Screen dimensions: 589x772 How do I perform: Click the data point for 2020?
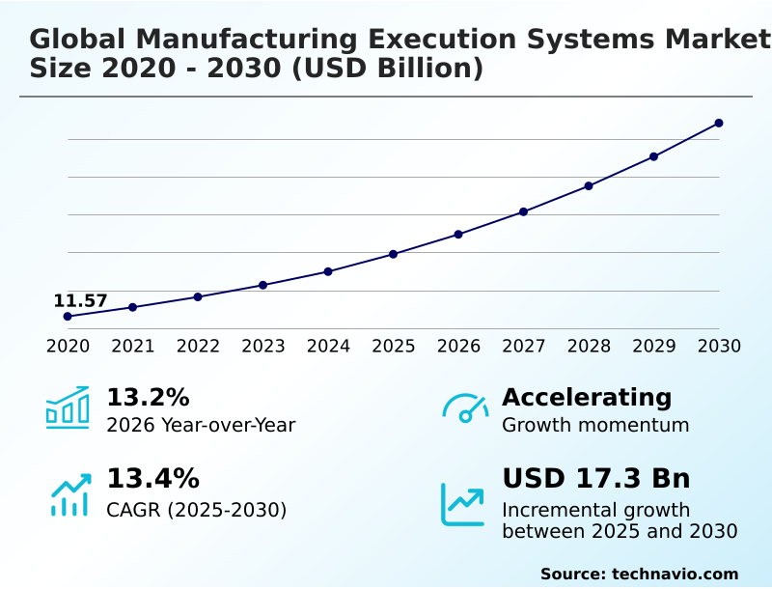pos(68,316)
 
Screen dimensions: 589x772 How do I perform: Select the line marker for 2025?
pos(393,254)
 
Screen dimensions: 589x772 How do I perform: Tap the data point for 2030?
pos(719,123)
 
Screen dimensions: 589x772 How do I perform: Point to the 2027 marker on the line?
pos(523,211)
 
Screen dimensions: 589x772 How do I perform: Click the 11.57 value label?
pos(80,300)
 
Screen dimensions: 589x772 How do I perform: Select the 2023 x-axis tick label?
pos(262,346)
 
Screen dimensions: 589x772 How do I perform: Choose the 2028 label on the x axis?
pos(589,346)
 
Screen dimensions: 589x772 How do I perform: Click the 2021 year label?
pos(132,346)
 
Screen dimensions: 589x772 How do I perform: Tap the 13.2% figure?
pos(148,397)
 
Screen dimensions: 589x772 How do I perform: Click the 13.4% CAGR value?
pos(152,479)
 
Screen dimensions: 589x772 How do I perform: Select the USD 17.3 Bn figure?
pos(596,479)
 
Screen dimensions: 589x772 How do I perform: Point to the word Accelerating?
pos(587,397)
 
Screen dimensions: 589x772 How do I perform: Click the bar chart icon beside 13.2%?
pos(68,407)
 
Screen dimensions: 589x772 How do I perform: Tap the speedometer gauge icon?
pos(465,407)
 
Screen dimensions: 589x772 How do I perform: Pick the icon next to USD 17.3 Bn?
pos(462,504)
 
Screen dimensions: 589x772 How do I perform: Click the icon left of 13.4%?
pos(69,494)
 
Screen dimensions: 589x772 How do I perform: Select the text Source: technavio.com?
pos(639,574)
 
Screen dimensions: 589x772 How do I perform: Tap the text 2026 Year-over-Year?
pos(201,425)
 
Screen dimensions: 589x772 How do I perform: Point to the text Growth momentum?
pos(595,425)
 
